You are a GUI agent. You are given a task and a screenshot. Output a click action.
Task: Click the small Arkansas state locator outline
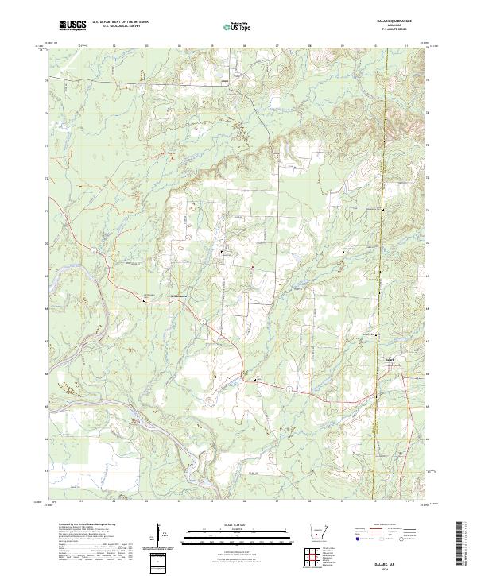pos(318,532)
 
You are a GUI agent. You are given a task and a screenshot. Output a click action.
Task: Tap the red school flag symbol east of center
pos(254,267)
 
